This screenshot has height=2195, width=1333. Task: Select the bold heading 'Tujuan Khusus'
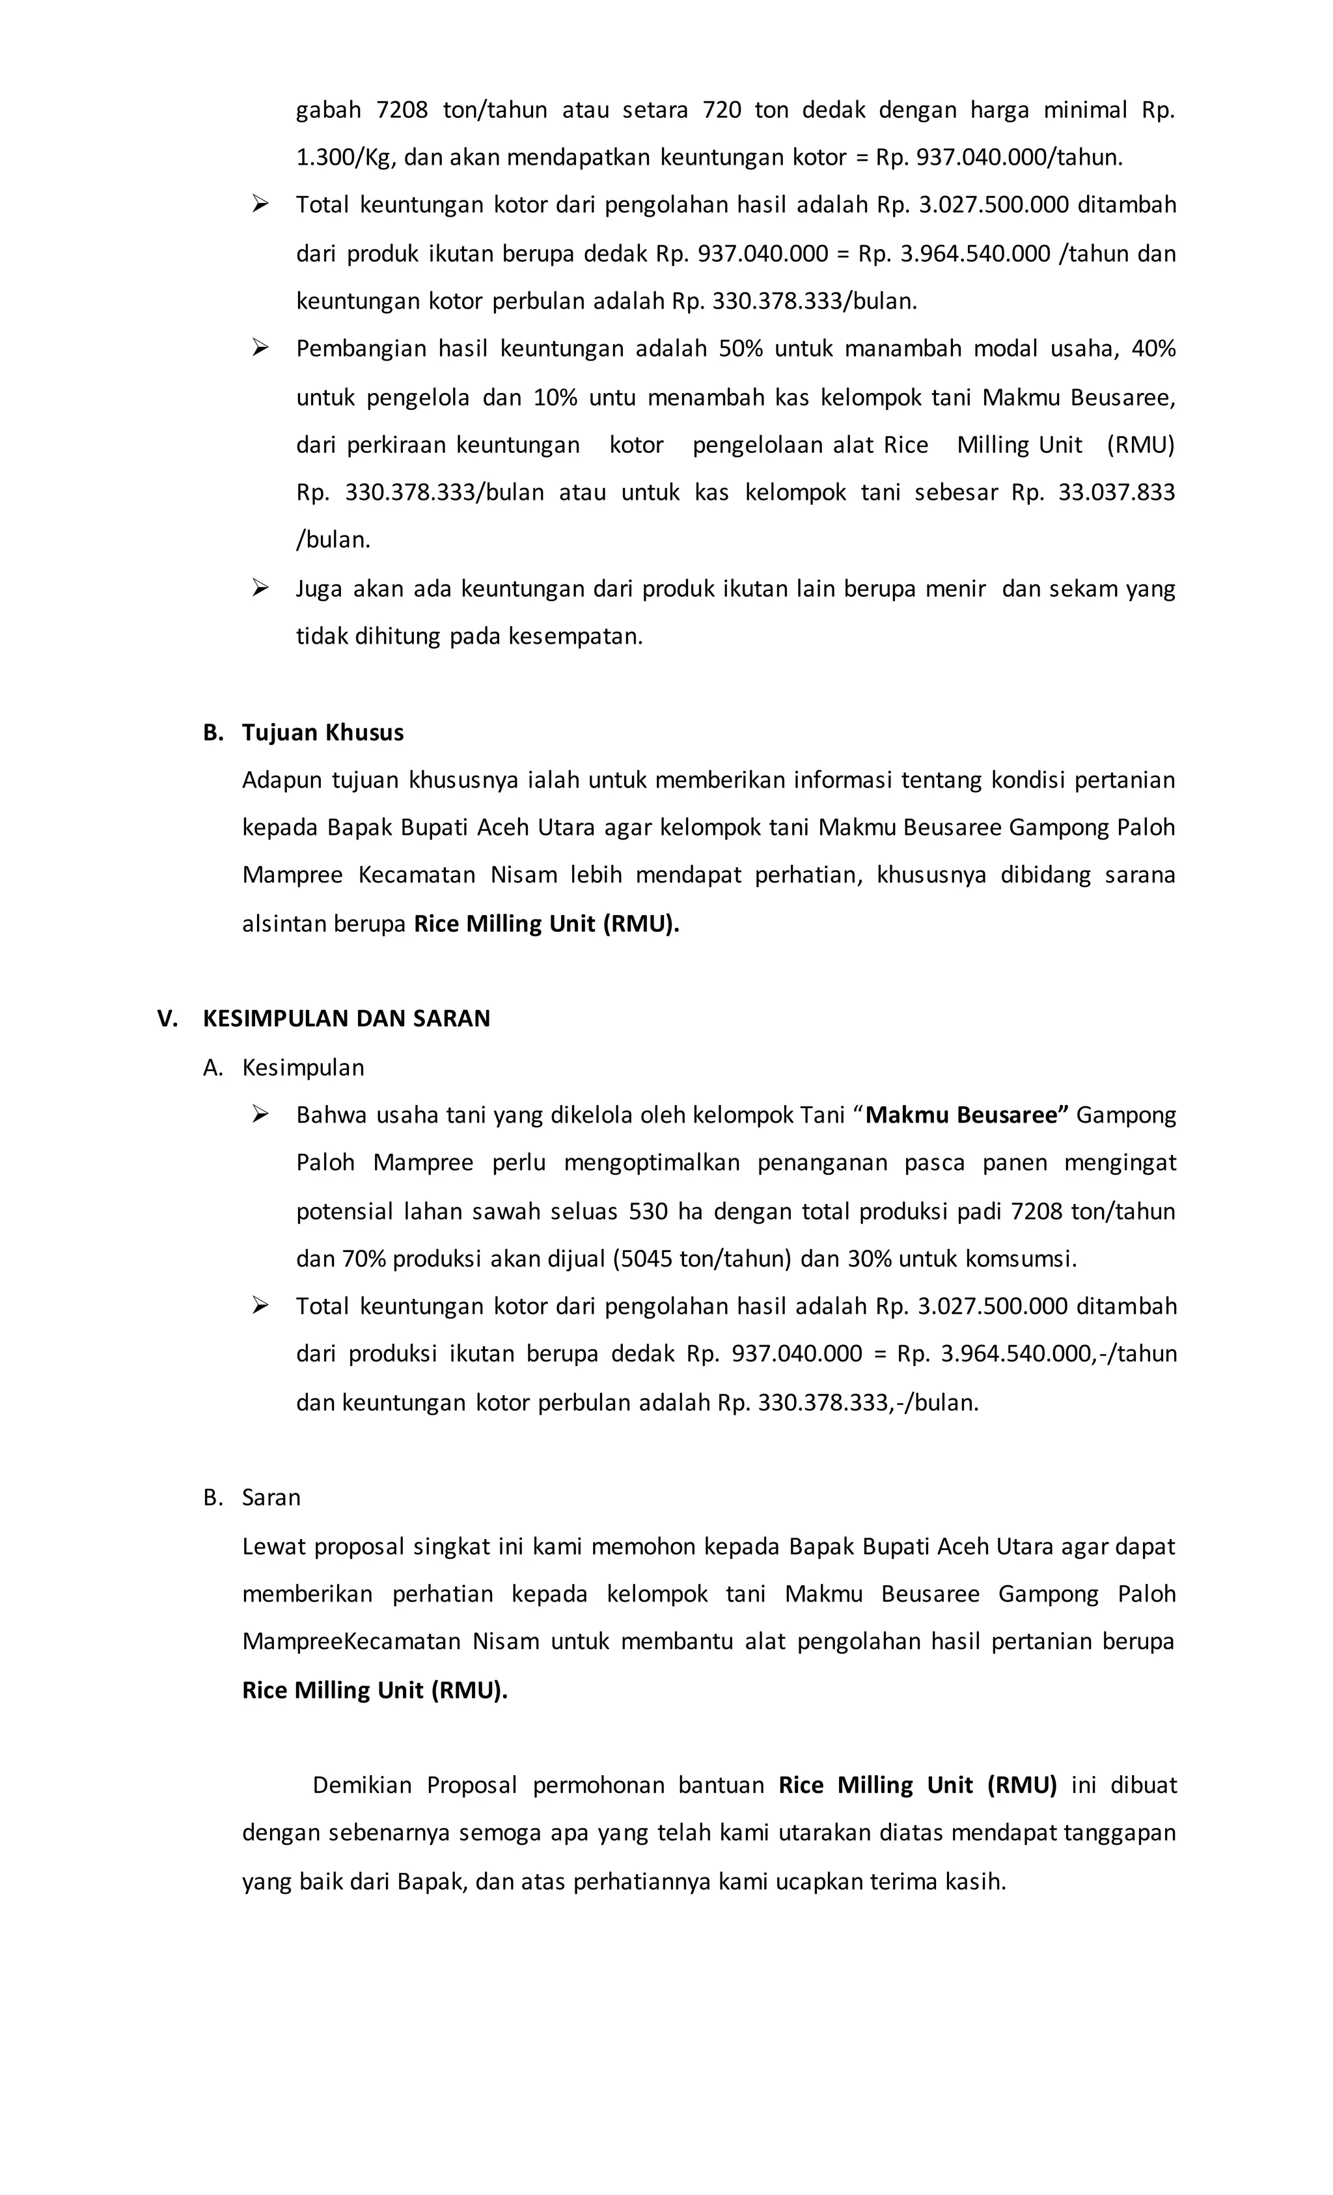coord(323,732)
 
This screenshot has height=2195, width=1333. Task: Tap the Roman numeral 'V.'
coord(167,1018)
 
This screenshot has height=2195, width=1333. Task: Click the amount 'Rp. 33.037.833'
coord(1092,493)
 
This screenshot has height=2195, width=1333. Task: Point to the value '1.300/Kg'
coord(345,157)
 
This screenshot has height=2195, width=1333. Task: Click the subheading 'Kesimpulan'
coord(303,1067)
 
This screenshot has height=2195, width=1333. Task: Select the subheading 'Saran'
coord(271,1497)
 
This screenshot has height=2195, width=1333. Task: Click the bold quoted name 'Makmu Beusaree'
coord(966,1115)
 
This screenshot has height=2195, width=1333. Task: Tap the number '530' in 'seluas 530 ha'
coord(648,1212)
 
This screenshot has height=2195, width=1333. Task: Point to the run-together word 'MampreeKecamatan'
coord(351,1641)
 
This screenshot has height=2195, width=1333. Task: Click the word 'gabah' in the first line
coord(328,111)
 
